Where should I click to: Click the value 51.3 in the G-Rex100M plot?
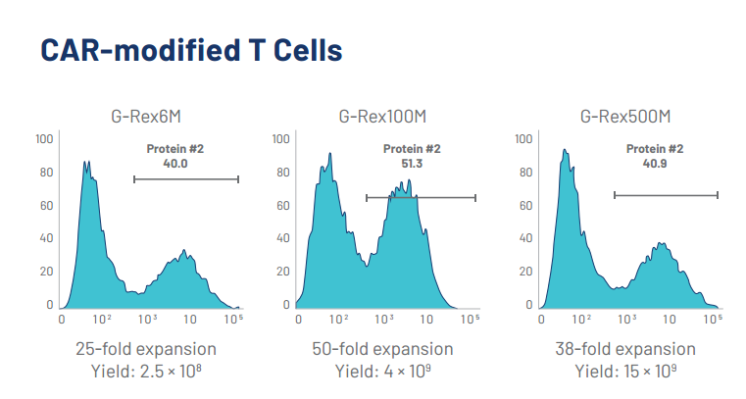411,164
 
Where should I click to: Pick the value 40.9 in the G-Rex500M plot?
655,164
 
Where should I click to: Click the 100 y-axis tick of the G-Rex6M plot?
44,139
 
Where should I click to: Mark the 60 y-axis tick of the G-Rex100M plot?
281,206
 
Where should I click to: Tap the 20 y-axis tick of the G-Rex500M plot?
524,273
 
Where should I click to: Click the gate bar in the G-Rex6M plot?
186,178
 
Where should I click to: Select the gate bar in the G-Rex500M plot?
667,195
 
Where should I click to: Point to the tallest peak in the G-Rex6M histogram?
86,163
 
